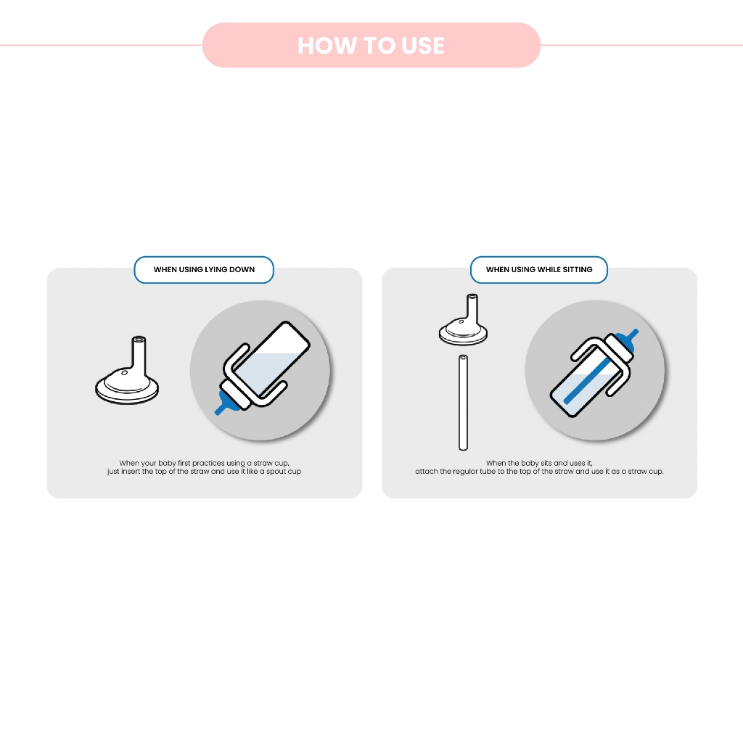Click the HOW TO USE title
pos(371,46)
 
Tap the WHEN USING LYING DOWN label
pos(204,270)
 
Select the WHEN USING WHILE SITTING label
pos(539,270)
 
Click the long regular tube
pos(464,402)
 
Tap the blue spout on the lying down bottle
pos(226,403)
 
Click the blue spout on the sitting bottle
pos(626,340)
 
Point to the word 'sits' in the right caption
pos(546,463)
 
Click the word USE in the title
pos(423,46)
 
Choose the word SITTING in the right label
pos(577,270)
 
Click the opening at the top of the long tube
pos(464,357)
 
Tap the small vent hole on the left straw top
pos(125,373)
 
